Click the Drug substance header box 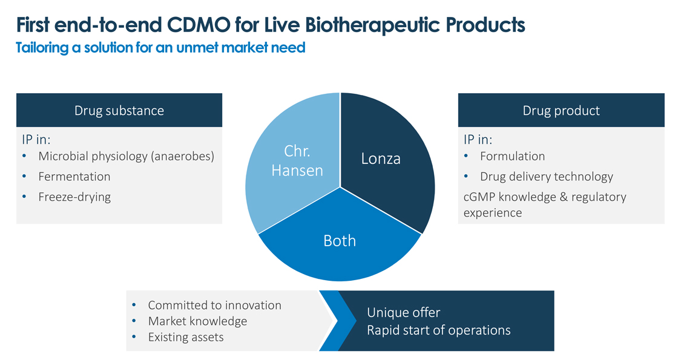pyautogui.click(x=119, y=110)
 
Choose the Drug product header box pyautogui.click(x=561, y=110)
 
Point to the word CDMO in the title pyautogui.click(x=199, y=25)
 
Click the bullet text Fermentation pyautogui.click(x=74, y=176)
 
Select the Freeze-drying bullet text pyautogui.click(x=74, y=197)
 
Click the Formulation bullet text pyautogui.click(x=513, y=156)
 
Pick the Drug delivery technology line pyautogui.click(x=547, y=177)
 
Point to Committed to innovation pyautogui.click(x=214, y=306)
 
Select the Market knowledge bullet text pyautogui.click(x=197, y=321)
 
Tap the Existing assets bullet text pyautogui.click(x=186, y=338)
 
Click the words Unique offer pyautogui.click(x=404, y=313)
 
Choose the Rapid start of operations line pyautogui.click(x=439, y=330)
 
